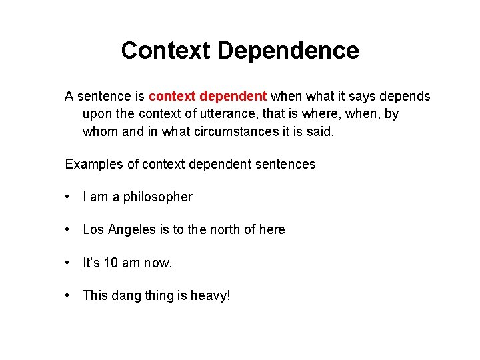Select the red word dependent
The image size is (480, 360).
(x=235, y=97)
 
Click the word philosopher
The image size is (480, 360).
(x=157, y=197)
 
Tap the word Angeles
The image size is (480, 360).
(x=135, y=230)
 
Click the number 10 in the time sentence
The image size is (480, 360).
(x=110, y=263)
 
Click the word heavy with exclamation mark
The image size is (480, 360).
(x=210, y=295)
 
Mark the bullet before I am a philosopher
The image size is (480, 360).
(x=68, y=197)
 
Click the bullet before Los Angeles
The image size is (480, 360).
(x=68, y=230)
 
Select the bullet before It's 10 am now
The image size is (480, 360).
(x=68, y=263)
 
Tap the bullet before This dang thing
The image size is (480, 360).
(x=68, y=295)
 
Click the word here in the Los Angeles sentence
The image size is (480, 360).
(x=272, y=230)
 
